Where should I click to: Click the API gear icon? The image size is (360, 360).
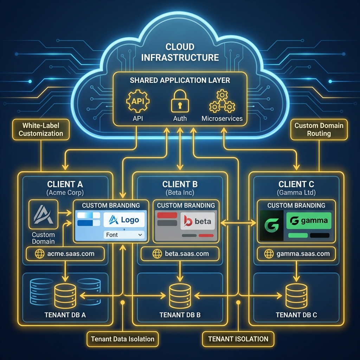137,101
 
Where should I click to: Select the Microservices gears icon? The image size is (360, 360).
222,101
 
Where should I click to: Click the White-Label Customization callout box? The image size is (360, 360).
41,129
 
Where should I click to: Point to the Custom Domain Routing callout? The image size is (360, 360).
319,129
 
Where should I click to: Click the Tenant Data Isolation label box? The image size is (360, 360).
122,339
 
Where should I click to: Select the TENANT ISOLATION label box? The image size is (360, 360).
238,339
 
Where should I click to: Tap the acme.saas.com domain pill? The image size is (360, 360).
65,253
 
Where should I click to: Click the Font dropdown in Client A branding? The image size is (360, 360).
124,234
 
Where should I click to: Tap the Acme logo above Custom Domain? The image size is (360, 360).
43,214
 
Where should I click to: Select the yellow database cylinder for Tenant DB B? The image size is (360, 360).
180,296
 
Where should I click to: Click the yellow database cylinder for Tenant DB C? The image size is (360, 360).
296,296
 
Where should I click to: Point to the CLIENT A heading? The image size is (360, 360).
65,184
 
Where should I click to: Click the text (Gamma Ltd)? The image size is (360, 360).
296,193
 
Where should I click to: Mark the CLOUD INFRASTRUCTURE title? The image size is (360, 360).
180,52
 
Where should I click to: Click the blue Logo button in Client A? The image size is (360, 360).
124,220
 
